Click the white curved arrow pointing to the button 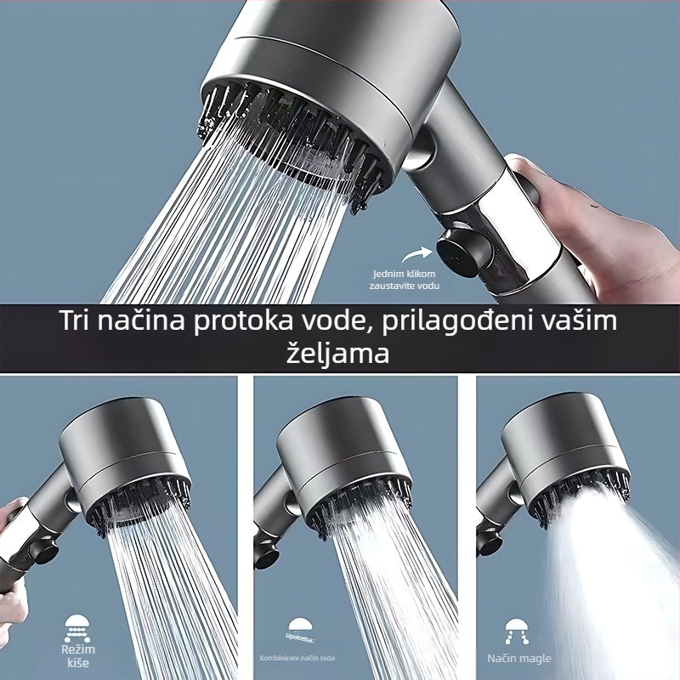(417, 253)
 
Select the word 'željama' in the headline (340, 353)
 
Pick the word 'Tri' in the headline (79, 322)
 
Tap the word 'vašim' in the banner (586, 322)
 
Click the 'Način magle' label (519, 658)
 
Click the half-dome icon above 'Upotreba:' (298, 625)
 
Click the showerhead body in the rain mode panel (127, 450)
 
